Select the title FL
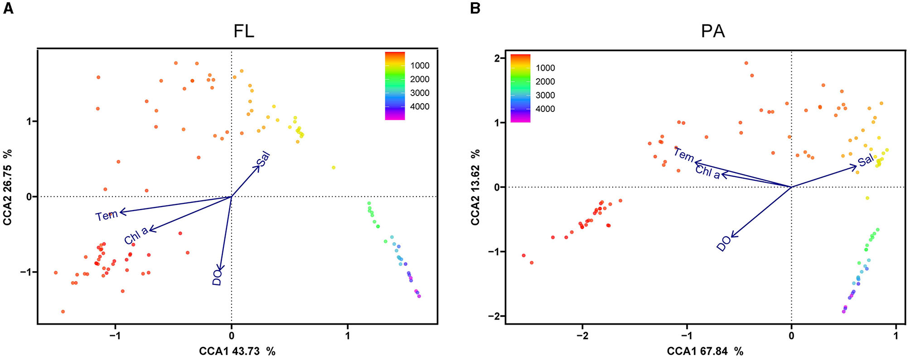coord(243,32)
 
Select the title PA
coord(712,32)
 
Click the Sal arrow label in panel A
coord(263,159)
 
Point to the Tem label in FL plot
coord(107,215)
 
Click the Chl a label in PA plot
coord(708,172)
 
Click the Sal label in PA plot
coord(866,161)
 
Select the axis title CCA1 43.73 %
coord(237,351)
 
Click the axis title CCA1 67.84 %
coord(705,351)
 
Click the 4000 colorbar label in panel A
coord(420,107)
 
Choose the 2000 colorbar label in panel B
coord(545,82)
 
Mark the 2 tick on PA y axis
coord(497,58)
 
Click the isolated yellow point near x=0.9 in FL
coord(334,167)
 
